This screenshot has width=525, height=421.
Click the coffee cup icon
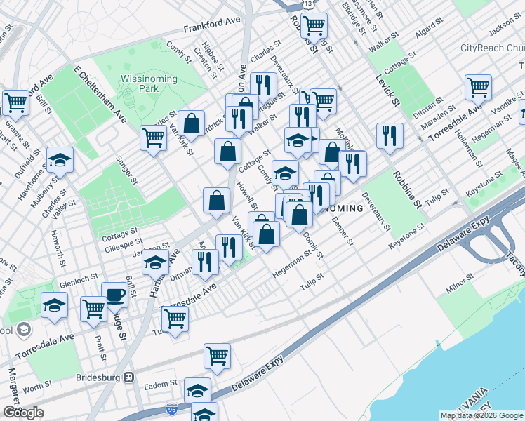point(114,295)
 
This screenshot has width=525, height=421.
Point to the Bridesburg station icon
point(128,377)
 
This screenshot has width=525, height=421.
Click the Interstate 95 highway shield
point(171,408)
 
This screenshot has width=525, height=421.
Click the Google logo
point(23,413)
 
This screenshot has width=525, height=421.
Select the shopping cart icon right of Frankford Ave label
point(314,26)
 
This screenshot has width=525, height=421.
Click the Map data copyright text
point(481,415)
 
